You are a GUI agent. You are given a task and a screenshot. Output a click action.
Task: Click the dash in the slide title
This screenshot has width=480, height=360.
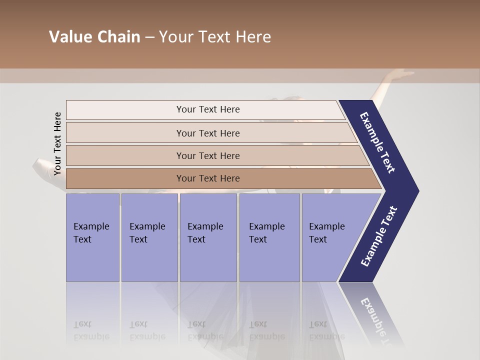pyautogui.click(x=149, y=37)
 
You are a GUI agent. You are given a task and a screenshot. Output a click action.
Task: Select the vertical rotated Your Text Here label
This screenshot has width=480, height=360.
pyautogui.click(x=57, y=143)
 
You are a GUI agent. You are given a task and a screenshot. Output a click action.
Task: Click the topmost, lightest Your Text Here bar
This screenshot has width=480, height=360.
pyautogui.click(x=207, y=109)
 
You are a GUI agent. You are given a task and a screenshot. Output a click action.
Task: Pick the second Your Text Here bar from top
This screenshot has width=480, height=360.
pyautogui.click(x=207, y=133)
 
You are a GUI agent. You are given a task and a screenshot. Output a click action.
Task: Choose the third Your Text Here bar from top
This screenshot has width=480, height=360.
pyautogui.click(x=207, y=155)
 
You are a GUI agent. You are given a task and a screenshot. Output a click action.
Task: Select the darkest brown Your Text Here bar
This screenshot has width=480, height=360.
pyautogui.click(x=207, y=178)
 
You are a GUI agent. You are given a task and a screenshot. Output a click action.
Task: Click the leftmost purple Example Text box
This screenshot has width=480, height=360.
pyautogui.click(x=92, y=237)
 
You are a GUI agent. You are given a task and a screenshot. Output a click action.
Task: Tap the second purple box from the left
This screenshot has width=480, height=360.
pyautogui.click(x=149, y=237)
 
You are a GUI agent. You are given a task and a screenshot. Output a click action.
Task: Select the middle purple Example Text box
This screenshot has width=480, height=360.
pyautogui.click(x=208, y=237)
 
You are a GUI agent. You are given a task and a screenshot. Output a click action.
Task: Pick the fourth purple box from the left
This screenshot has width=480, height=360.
pyautogui.click(x=269, y=237)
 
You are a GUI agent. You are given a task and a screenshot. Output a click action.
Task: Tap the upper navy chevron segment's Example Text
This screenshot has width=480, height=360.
pyautogui.click(x=378, y=142)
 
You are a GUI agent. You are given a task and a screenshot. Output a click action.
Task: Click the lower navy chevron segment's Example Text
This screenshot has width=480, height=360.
pyautogui.click(x=379, y=236)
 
